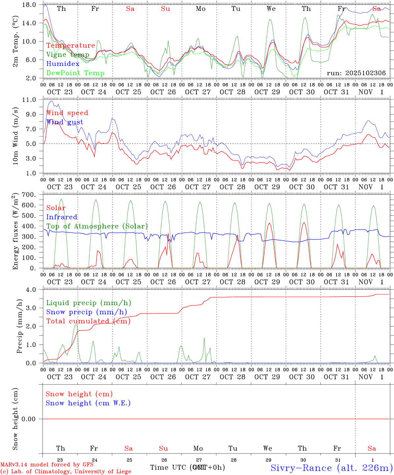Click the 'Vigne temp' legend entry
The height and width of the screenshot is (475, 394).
click(x=68, y=55)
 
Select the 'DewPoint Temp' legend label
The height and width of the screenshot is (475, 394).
click(x=75, y=73)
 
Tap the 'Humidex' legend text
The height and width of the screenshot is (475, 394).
click(x=63, y=64)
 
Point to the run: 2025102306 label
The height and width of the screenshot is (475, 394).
click(x=356, y=73)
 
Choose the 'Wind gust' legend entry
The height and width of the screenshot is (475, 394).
click(x=65, y=122)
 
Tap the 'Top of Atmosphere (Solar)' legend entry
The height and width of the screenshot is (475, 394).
click(x=97, y=226)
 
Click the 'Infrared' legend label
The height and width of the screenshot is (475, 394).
click(x=62, y=217)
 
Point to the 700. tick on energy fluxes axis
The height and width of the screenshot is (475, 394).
click(x=29, y=195)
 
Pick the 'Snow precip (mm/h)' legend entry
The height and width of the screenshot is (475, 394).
click(x=86, y=312)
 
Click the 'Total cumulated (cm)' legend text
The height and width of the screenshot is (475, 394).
click(x=88, y=321)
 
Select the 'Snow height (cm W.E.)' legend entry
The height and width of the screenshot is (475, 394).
click(x=88, y=403)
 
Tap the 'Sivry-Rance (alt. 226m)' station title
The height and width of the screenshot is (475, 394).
click(x=331, y=468)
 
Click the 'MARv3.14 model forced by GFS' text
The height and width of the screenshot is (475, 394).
click(x=47, y=464)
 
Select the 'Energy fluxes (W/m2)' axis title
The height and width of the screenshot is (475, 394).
click(x=16, y=232)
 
